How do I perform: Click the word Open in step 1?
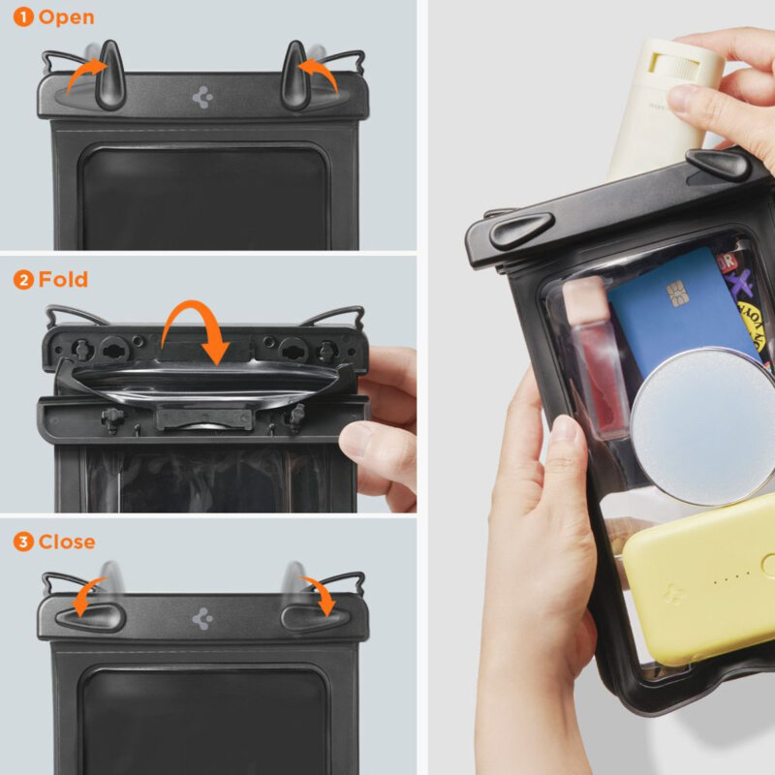(67, 17)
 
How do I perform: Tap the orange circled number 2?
(23, 280)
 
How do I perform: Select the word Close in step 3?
(67, 542)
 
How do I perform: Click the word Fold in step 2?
(63, 280)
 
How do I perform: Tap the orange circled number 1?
(23, 17)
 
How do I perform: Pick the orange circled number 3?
(23, 542)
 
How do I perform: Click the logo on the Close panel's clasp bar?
(202, 618)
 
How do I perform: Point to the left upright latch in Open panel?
(108, 77)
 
